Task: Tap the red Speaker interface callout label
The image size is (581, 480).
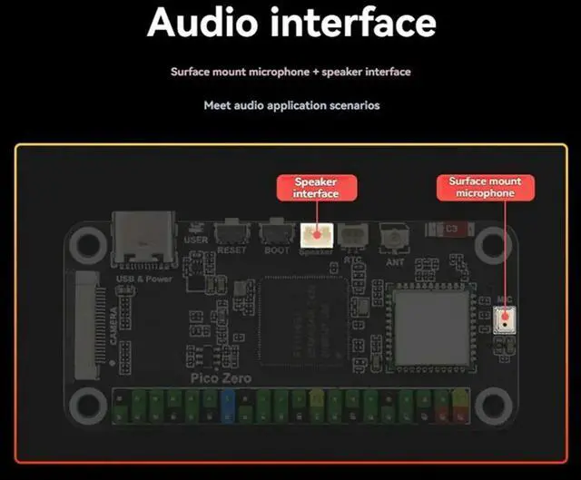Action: pos(316,188)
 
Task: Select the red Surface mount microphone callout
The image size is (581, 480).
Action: pos(486,187)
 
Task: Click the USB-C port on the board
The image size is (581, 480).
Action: pos(142,239)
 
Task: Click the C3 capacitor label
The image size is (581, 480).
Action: pos(448,230)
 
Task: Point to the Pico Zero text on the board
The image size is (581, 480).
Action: pos(221,377)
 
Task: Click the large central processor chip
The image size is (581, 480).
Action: pos(303,318)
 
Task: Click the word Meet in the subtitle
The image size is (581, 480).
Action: pos(217,105)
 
